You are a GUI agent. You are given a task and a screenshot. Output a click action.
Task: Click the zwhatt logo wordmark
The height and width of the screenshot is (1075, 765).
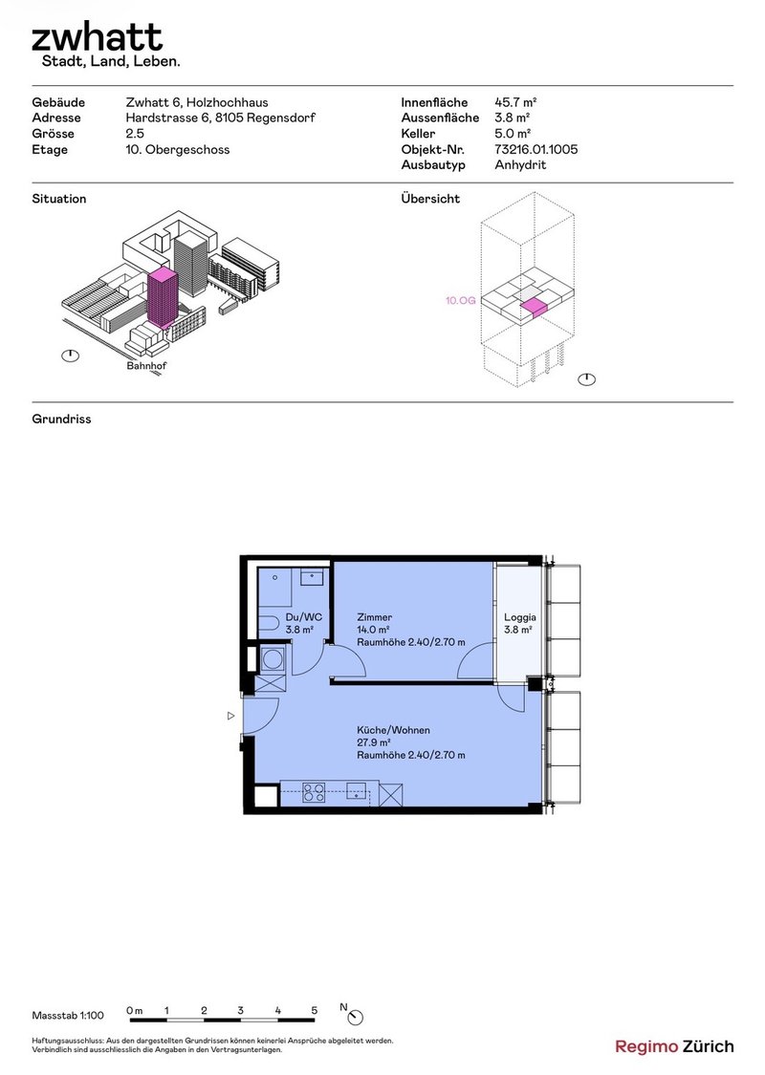97,37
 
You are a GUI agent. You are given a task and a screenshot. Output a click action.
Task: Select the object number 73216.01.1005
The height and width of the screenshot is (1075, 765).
535,149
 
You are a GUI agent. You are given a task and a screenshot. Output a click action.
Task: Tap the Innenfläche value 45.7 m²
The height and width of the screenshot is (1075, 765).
515,102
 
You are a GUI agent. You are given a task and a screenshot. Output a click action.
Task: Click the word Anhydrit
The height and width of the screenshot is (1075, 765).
520,165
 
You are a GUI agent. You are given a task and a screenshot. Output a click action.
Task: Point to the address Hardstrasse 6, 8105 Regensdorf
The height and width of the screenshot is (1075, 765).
220,118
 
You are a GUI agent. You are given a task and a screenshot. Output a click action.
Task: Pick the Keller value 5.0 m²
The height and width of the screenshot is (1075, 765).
513,134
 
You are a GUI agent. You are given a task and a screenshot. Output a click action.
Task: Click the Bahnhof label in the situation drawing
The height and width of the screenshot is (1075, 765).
146,366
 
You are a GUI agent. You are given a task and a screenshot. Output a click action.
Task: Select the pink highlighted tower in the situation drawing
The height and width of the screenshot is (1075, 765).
163,297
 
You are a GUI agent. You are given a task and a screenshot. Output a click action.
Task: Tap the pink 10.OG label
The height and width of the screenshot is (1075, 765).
460,300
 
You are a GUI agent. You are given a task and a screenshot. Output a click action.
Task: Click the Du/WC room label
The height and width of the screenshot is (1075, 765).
304,617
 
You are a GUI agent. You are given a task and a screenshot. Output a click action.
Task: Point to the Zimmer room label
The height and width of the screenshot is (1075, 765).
375,617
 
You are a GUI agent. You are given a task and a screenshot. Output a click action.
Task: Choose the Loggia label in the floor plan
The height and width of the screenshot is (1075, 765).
520,617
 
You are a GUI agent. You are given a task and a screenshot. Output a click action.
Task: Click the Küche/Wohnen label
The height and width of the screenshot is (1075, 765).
393,730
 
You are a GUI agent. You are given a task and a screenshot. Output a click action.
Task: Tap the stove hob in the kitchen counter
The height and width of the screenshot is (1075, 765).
315,792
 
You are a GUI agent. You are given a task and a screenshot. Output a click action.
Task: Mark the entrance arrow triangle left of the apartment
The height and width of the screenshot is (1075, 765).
231,716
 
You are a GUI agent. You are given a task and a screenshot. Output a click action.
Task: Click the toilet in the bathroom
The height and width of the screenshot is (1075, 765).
269,624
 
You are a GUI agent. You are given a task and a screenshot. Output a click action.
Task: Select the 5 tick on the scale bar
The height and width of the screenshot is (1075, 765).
315,1011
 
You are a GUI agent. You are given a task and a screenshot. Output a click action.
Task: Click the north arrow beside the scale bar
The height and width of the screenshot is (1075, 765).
356,1017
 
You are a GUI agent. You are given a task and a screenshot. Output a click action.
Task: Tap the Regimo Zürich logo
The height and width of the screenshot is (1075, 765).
674,1047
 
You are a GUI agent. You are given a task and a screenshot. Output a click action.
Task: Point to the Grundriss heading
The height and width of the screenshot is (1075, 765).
61,419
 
